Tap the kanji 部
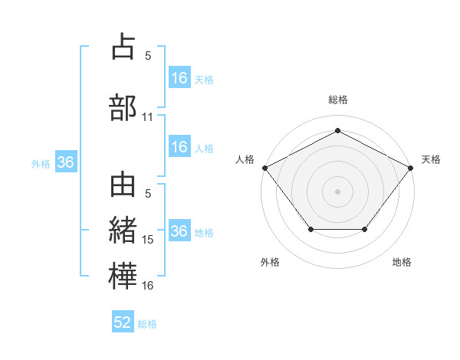coord(123,106)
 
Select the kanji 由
coord(123,186)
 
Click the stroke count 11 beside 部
coord(148,117)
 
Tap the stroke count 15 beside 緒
coord(148,240)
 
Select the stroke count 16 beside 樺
coord(148,286)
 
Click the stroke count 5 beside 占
coord(148,56)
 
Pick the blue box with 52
coord(123,322)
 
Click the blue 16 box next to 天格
coord(179,78)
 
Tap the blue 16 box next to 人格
coord(179,148)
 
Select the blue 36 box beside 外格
coord(65,162)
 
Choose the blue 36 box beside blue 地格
coord(179,231)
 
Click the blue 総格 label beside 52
coord(147,324)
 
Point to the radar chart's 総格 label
coord(337,100)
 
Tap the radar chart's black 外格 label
coord(270,263)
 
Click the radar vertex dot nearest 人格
coord(264,167)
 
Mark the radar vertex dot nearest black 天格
coord(411,167)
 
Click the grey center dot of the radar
coord(337,191)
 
